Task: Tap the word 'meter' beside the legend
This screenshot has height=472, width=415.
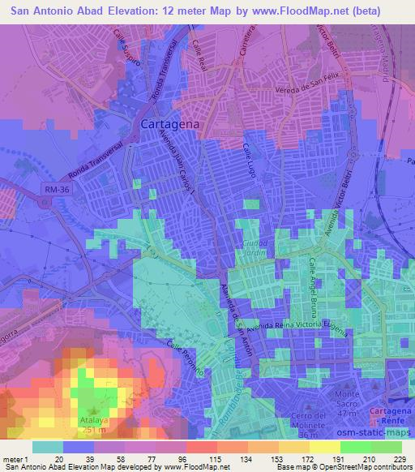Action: tap(12, 459)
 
